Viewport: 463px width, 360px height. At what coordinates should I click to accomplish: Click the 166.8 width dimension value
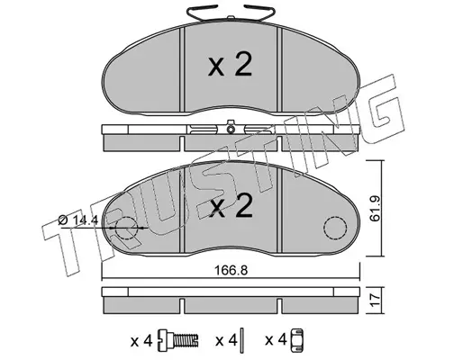point(231,271)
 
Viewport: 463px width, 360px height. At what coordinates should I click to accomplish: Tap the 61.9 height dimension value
point(375,209)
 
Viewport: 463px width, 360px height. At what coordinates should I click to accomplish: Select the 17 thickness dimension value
point(376,301)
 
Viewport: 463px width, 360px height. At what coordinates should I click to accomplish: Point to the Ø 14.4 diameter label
point(78,220)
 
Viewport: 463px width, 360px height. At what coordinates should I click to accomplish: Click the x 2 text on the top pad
point(230,66)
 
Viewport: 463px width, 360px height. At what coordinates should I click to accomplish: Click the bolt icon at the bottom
point(178,341)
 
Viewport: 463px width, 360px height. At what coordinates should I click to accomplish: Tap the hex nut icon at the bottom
point(296,340)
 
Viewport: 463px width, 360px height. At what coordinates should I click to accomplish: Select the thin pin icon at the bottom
point(243,340)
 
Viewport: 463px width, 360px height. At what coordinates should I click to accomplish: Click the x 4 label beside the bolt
point(141,341)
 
